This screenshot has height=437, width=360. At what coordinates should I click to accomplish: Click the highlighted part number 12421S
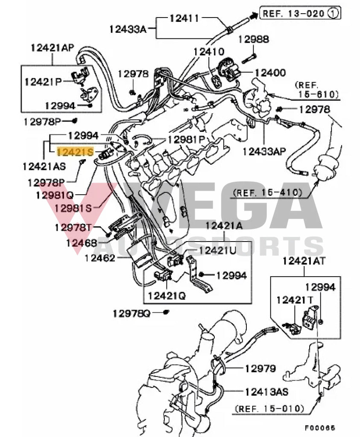coord(75,151)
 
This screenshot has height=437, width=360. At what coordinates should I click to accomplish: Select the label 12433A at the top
coord(127,29)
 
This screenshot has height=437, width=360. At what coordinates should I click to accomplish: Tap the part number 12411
coord(184,18)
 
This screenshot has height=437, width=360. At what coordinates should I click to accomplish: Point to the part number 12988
coord(254,39)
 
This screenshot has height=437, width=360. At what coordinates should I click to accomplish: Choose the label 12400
coord(270,73)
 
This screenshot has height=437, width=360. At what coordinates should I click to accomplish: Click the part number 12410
coord(209,52)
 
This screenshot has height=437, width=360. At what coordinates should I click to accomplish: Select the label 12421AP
coord(52,48)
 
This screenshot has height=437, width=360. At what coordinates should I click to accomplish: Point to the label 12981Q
coord(55,195)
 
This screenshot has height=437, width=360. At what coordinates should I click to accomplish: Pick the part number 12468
coord(81,243)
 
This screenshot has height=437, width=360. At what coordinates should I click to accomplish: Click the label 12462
coord(100,258)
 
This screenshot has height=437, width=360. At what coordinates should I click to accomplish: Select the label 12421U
coord(217,251)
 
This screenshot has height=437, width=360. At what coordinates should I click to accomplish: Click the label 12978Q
coord(132,314)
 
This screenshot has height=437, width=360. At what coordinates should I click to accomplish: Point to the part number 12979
coord(260,368)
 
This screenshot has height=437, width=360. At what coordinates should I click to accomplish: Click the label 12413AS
coord(266,391)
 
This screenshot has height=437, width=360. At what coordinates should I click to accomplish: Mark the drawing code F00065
coord(320,427)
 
